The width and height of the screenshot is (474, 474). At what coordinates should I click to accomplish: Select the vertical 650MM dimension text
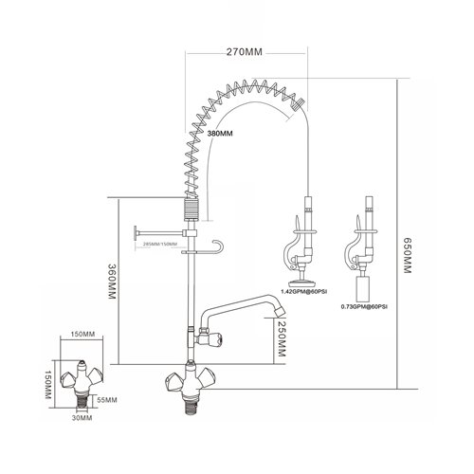(410, 256)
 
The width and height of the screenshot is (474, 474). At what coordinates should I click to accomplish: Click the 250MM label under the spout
(281, 341)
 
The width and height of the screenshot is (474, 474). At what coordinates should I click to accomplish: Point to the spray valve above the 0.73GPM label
(364, 242)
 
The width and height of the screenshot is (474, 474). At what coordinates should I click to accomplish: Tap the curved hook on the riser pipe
(220, 247)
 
